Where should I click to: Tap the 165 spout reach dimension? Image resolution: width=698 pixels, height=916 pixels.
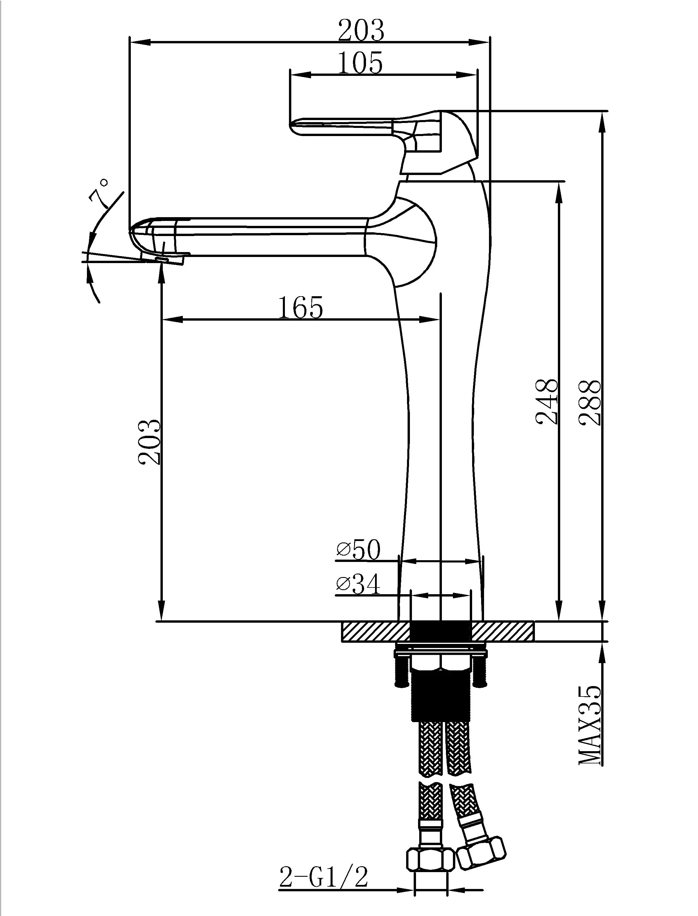(x=300, y=308)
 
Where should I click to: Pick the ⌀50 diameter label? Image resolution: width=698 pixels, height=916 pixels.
(x=358, y=550)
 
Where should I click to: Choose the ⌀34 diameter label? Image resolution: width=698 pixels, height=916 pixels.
(x=358, y=585)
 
